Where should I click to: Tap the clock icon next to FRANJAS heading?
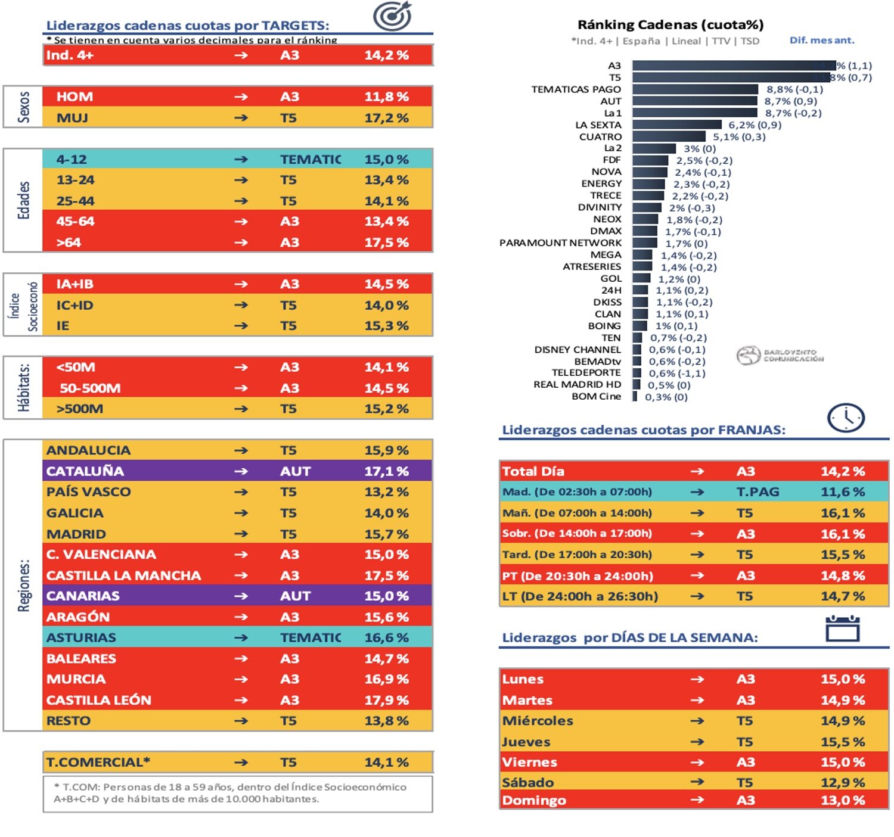click(x=845, y=418)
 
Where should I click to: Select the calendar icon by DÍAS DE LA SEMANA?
click(x=842, y=629)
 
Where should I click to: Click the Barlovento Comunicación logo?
click(x=780, y=356)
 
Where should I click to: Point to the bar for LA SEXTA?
click(x=676, y=125)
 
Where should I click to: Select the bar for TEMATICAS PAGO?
click(x=695, y=89)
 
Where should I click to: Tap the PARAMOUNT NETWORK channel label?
click(x=560, y=243)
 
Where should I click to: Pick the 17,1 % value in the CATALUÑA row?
click(x=386, y=471)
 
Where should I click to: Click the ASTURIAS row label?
click(x=81, y=637)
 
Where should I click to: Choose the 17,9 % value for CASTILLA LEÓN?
click(x=386, y=700)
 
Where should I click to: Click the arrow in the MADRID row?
click(x=241, y=534)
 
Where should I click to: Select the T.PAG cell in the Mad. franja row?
click(x=758, y=492)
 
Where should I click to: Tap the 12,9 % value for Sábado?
click(x=842, y=782)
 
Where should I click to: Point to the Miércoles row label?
click(x=537, y=721)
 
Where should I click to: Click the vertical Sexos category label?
click(x=23, y=107)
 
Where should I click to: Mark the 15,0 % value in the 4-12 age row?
click(x=386, y=160)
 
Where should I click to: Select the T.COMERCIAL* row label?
click(x=98, y=763)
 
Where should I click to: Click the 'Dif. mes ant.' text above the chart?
click(x=821, y=41)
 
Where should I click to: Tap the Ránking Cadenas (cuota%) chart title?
click(x=670, y=24)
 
